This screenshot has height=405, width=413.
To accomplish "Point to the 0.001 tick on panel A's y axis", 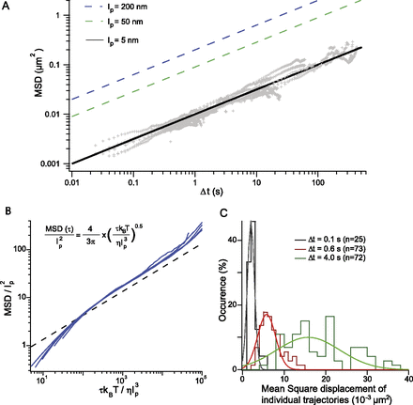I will [x=52, y=164].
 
